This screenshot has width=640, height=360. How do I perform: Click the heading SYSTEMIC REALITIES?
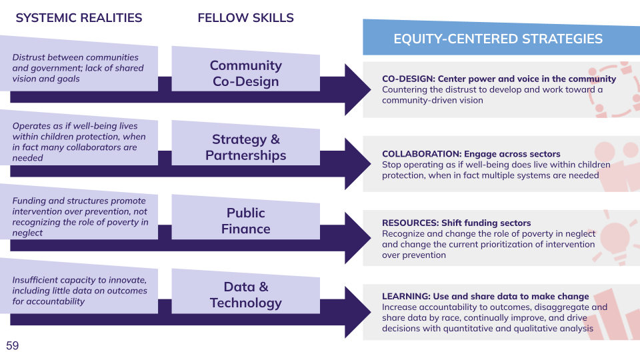[x=79, y=18]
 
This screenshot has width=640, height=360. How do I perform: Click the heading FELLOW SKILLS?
[x=245, y=18]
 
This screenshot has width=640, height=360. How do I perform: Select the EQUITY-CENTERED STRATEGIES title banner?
[x=498, y=39]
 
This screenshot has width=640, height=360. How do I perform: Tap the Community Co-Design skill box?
[x=245, y=73]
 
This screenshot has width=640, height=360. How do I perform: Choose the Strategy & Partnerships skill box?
[x=245, y=147]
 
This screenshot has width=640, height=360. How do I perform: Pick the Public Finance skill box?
[x=245, y=221]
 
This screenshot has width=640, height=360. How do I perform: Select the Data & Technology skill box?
[x=245, y=295]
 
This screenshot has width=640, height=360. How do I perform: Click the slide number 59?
[x=13, y=345]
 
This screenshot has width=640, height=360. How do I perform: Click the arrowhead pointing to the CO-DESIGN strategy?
[x=357, y=90]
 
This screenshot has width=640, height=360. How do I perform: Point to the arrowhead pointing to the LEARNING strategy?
[x=357, y=312]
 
